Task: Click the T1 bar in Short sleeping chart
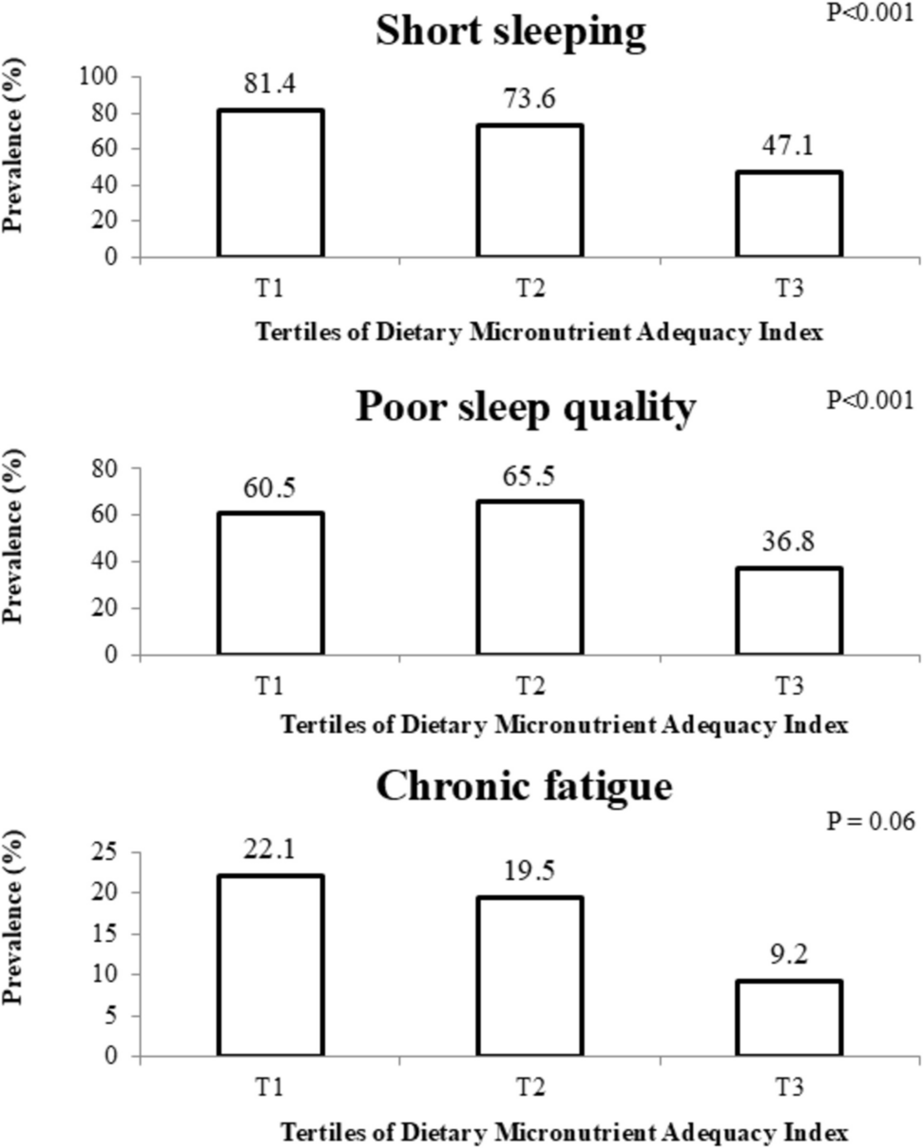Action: pos(271,183)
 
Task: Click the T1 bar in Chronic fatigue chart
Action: pos(271,966)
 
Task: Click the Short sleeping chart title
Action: pos(510,31)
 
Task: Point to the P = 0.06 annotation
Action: pos(869,821)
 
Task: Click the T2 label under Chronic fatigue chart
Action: pos(529,1085)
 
